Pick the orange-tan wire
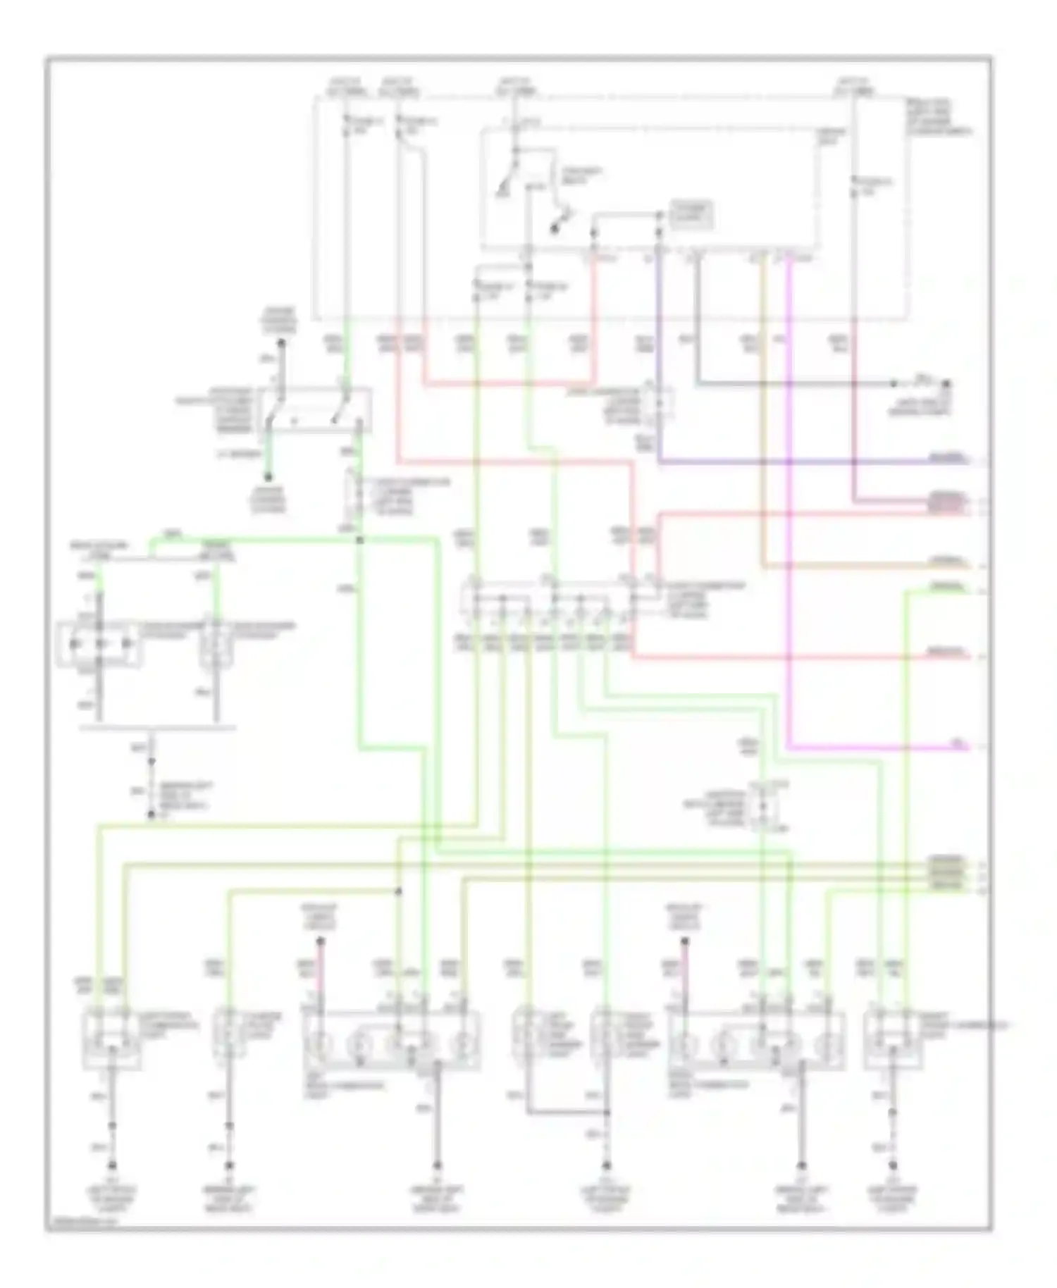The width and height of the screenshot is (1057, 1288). [762, 423]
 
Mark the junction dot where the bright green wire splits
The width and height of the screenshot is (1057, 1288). [359, 540]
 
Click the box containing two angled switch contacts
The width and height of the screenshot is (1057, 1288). [315, 409]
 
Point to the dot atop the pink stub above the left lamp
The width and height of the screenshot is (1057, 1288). [320, 941]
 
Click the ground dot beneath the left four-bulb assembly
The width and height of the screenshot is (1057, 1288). [437, 1164]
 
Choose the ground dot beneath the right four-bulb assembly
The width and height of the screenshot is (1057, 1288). [802, 1164]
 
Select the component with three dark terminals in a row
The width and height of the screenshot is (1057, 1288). [99, 643]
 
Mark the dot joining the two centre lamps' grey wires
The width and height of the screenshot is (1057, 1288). [607, 1113]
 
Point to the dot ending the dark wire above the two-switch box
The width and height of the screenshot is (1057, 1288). [280, 344]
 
